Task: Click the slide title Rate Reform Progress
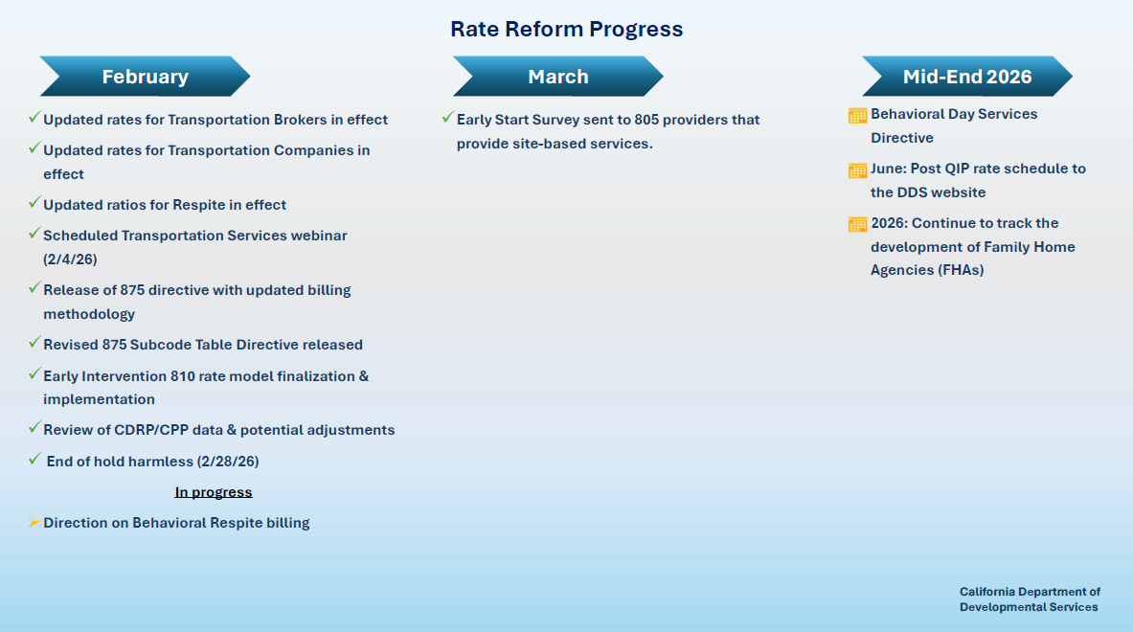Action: (566, 30)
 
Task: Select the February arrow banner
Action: (145, 77)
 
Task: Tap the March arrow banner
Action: (558, 77)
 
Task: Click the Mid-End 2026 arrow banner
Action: (967, 77)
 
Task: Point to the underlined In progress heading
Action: (214, 492)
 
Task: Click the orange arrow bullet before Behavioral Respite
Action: (34, 522)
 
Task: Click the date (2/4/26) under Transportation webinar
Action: (70, 260)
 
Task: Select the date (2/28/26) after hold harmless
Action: (228, 462)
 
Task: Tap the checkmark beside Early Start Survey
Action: (447, 118)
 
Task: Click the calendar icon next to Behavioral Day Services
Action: (857, 116)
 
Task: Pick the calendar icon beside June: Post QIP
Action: (857, 170)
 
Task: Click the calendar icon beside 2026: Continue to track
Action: (857, 225)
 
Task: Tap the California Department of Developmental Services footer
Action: (1030, 599)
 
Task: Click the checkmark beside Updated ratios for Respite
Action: (34, 203)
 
